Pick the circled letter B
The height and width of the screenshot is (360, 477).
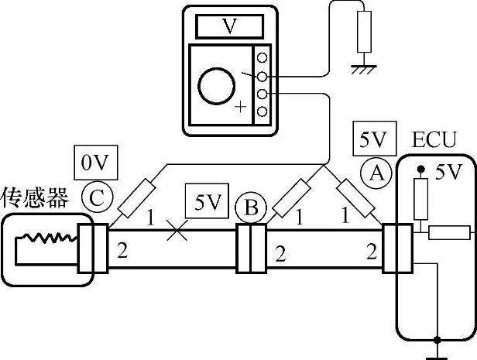(252, 207)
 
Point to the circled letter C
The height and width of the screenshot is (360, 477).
(97, 197)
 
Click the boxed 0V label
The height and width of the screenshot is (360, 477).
(94, 163)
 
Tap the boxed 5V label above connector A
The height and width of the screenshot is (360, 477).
(370, 140)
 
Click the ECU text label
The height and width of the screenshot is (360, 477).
(434, 141)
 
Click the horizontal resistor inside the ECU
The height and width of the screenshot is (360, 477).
(449, 232)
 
